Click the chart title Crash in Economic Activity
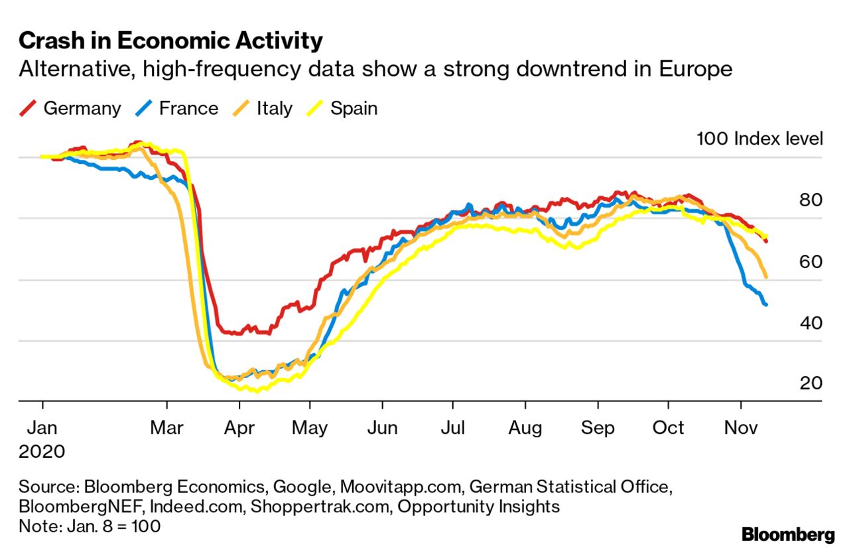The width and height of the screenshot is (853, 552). coord(170,41)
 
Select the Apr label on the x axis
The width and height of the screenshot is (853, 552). coord(239,427)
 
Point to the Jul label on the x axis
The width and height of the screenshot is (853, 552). coord(453,427)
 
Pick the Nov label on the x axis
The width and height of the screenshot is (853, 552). coord(741,427)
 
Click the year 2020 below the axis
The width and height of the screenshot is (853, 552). coord(42,452)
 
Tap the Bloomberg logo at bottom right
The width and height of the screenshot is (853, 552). coord(788,534)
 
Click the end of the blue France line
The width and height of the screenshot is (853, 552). coord(766,305)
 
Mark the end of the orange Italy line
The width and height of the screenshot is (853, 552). coord(766,277)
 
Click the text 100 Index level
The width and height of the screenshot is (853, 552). coord(759,139)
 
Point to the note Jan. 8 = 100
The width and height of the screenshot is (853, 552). coord(90,526)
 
